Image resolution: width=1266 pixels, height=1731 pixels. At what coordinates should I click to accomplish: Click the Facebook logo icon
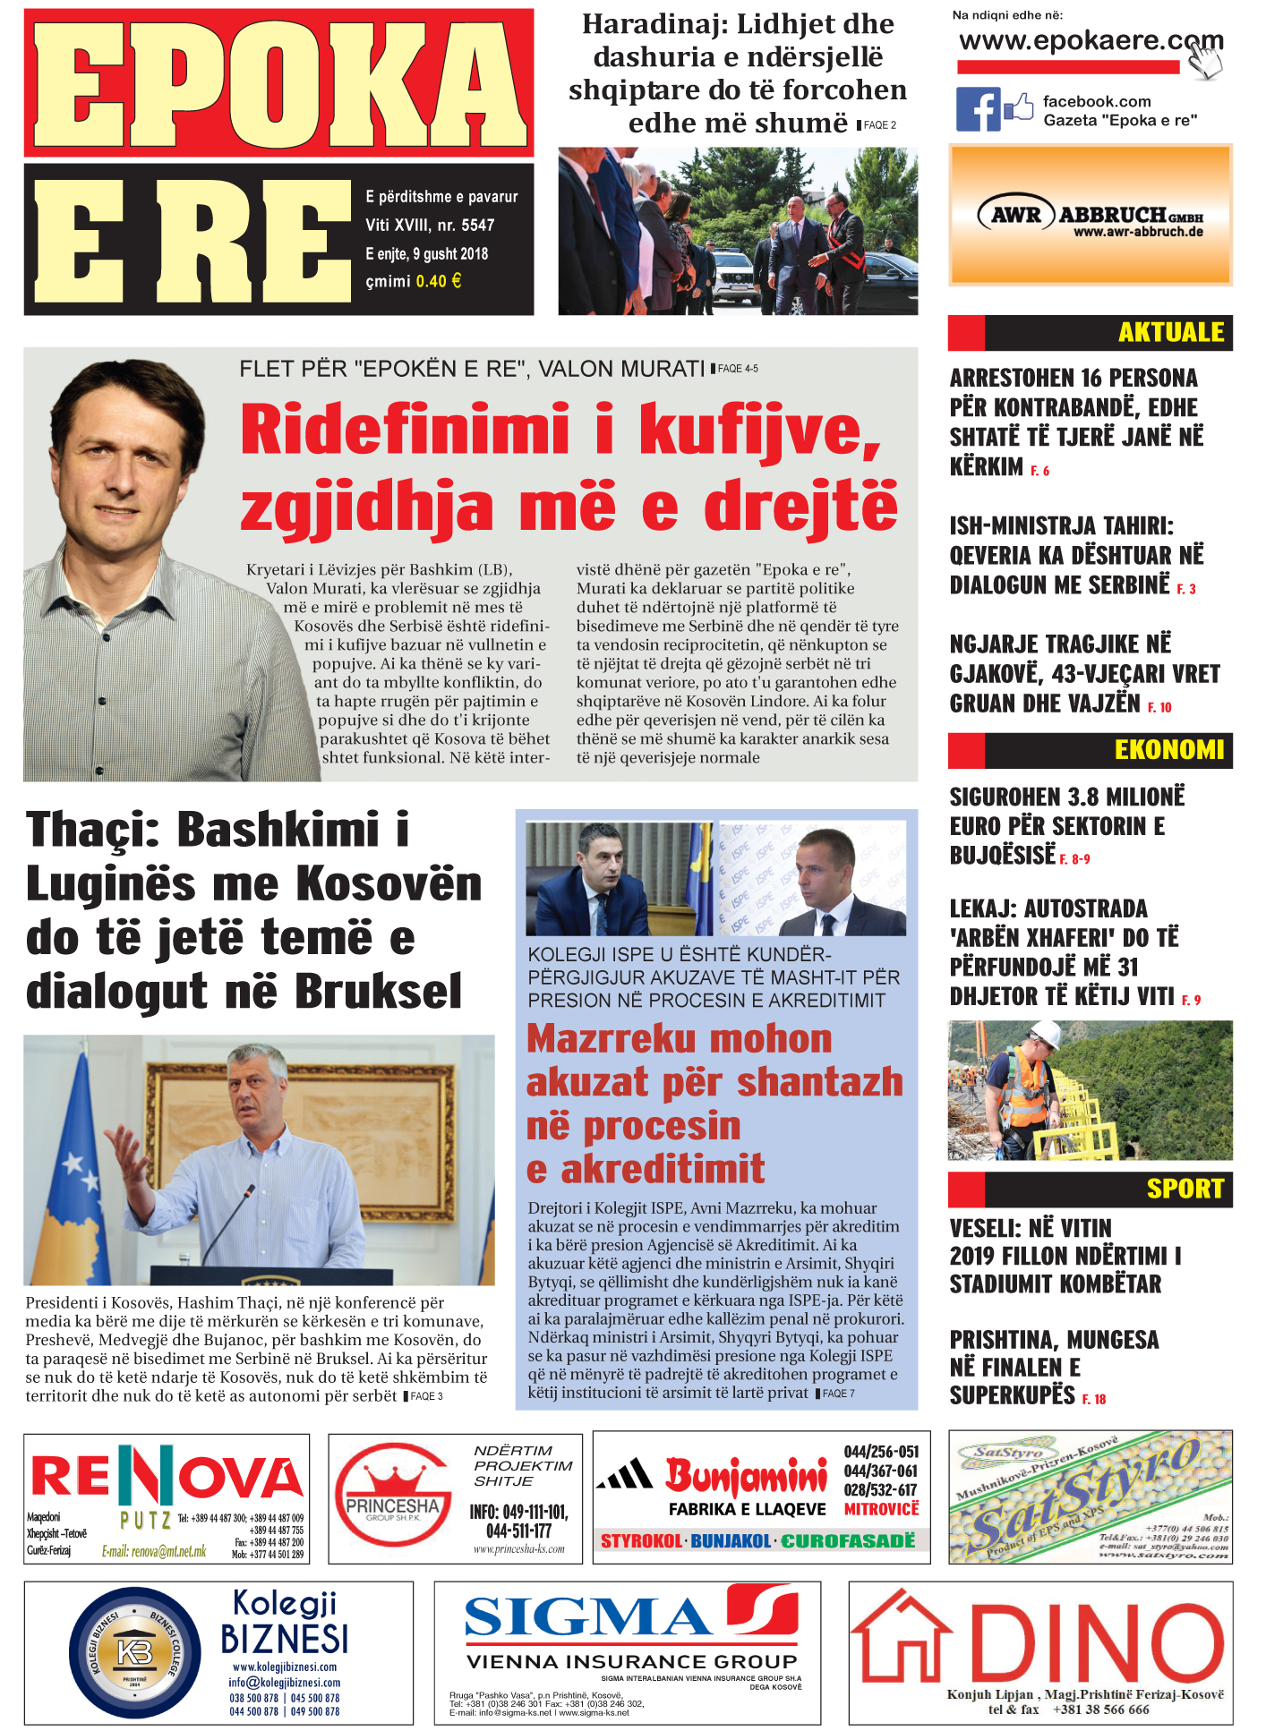tap(978, 109)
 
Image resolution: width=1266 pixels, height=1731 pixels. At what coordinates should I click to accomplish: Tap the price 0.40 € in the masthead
tap(439, 281)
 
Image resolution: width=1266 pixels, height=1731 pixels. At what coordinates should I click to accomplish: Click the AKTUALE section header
tap(1170, 332)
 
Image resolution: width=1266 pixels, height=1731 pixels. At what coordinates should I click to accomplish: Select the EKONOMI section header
tap(1168, 749)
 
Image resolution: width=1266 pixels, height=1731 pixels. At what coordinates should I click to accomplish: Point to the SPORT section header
tap(1185, 1189)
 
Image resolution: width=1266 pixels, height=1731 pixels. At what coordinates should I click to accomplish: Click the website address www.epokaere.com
tap(1090, 41)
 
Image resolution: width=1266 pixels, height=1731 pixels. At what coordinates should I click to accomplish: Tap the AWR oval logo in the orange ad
tap(1015, 215)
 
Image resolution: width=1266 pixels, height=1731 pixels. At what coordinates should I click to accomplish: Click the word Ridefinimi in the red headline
tap(405, 430)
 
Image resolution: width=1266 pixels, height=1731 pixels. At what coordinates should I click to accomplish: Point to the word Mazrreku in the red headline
tap(611, 1039)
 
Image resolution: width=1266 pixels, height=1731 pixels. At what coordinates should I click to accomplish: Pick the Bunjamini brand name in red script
tap(746, 1476)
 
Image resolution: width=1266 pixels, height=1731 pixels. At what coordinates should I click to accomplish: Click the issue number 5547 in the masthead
tap(478, 226)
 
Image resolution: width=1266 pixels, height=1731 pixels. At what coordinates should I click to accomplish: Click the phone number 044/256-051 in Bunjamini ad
tap(881, 1452)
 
